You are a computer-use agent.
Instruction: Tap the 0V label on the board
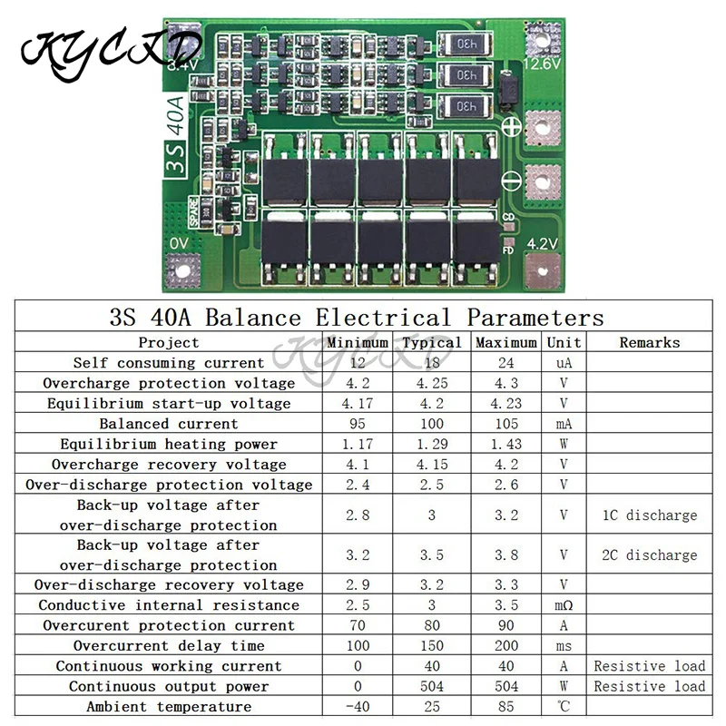(x=180, y=244)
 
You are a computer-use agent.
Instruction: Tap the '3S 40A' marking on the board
(x=174, y=136)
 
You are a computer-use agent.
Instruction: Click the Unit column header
(x=564, y=342)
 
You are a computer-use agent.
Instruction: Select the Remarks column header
(x=649, y=342)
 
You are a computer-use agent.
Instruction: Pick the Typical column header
(x=432, y=342)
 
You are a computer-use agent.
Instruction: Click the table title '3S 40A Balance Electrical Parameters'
(x=356, y=318)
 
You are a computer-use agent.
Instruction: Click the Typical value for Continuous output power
(x=432, y=686)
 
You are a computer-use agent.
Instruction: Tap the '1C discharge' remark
(x=649, y=515)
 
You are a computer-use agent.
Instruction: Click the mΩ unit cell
(x=564, y=605)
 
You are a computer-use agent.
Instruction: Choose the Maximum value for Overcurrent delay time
(x=506, y=645)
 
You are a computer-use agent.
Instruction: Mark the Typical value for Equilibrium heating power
(x=432, y=444)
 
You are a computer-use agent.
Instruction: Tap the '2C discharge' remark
(x=649, y=554)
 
